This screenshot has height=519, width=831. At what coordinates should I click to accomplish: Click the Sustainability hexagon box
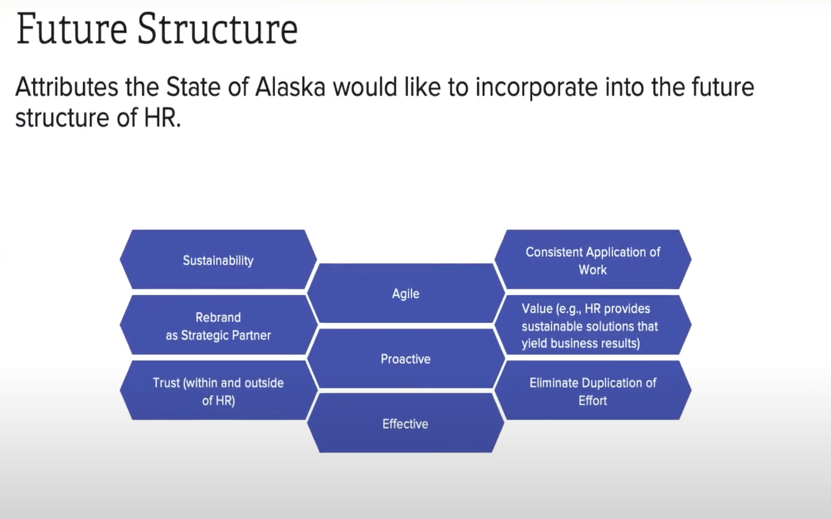coord(218,259)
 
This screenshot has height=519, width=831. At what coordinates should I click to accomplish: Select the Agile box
coord(406,293)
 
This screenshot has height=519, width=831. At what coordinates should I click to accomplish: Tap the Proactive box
coord(406,358)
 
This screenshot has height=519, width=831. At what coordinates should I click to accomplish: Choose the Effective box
coord(406,423)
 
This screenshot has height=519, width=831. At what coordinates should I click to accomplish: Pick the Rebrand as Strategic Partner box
coord(218,325)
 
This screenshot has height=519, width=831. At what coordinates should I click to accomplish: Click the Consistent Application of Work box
coord(593,259)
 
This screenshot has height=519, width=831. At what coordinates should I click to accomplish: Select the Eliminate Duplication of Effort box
coord(593,390)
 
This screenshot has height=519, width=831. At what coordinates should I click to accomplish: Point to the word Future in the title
coord(72,29)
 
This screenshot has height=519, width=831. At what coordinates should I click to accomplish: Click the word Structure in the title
coord(218,29)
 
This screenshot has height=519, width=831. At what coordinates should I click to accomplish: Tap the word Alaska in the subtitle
coord(290,87)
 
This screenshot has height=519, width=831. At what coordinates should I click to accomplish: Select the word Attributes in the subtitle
coord(67,87)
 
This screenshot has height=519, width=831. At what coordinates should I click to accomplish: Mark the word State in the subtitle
coord(193,87)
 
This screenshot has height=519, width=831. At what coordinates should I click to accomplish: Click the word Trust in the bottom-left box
coord(166,382)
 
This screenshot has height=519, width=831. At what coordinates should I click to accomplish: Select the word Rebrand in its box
coord(218,317)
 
